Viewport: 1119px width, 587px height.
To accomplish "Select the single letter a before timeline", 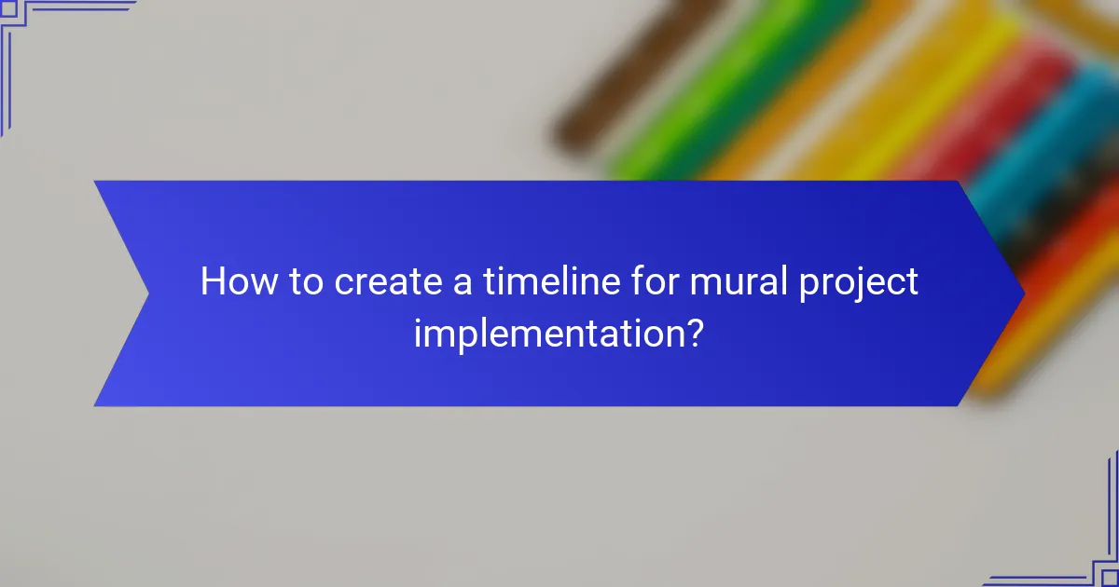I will [462, 283].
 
